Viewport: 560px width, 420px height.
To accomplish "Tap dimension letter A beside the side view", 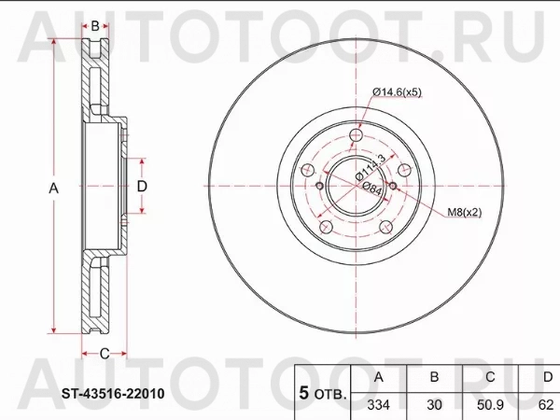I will (53, 188).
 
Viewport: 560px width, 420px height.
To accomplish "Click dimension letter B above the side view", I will (95, 25).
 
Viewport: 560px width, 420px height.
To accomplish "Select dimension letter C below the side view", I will (105, 352).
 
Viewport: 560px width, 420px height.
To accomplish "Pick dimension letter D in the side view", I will (142, 187).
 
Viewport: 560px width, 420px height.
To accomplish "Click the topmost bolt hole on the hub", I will (356, 137).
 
